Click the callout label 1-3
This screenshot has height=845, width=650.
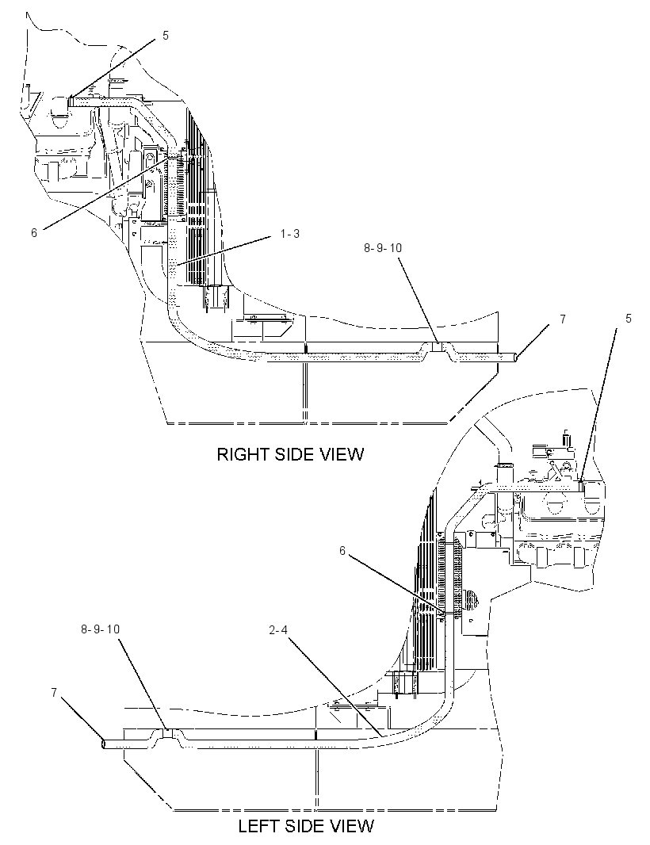tap(289, 234)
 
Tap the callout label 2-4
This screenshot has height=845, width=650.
tap(278, 629)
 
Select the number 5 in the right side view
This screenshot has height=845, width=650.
tap(165, 36)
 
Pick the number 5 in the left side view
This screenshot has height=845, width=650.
tap(629, 319)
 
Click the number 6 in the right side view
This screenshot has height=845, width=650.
tap(33, 233)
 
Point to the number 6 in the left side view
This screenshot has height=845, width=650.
tap(342, 550)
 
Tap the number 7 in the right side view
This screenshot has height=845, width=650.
tap(563, 319)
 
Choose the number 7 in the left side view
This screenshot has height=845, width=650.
tap(54, 693)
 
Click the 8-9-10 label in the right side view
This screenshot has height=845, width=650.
tap(383, 248)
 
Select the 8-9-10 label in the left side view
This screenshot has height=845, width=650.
tap(100, 629)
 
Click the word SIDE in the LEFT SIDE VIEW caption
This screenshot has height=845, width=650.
tap(304, 826)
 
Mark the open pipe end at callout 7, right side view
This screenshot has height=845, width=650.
tap(516, 357)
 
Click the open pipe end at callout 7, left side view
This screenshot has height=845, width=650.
tap(104, 744)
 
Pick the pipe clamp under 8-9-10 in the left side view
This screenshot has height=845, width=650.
tap(168, 733)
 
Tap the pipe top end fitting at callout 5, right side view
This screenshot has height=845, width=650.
tap(71, 101)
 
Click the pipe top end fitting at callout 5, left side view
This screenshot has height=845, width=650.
tap(581, 486)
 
